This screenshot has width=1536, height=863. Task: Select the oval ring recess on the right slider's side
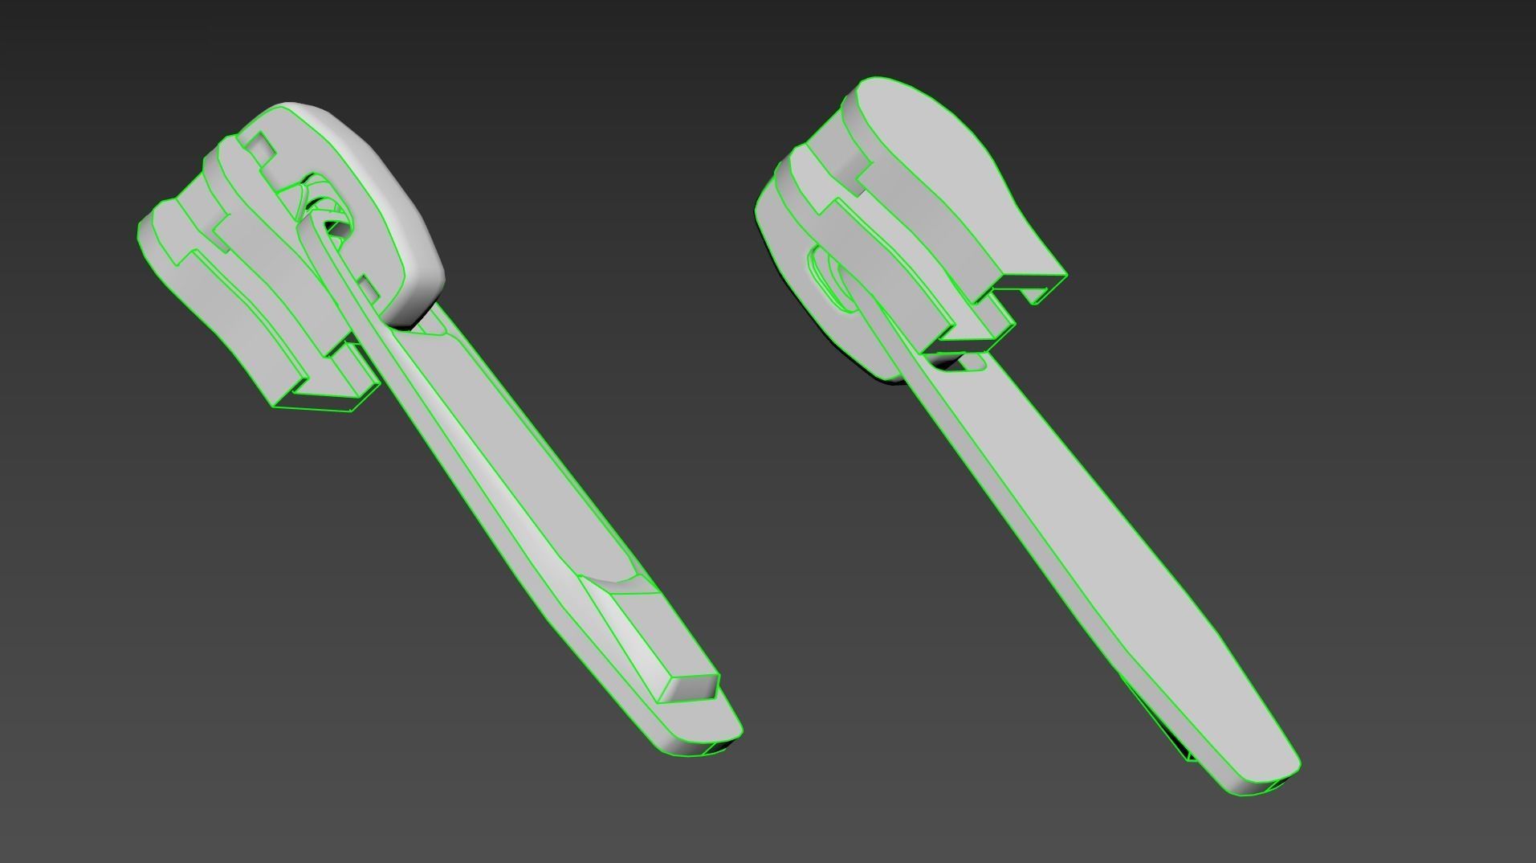coord(827,277)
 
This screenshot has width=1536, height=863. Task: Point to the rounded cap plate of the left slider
coord(377,209)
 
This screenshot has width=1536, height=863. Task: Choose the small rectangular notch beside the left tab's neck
coord(366,286)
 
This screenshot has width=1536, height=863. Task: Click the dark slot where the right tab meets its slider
coord(955,363)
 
